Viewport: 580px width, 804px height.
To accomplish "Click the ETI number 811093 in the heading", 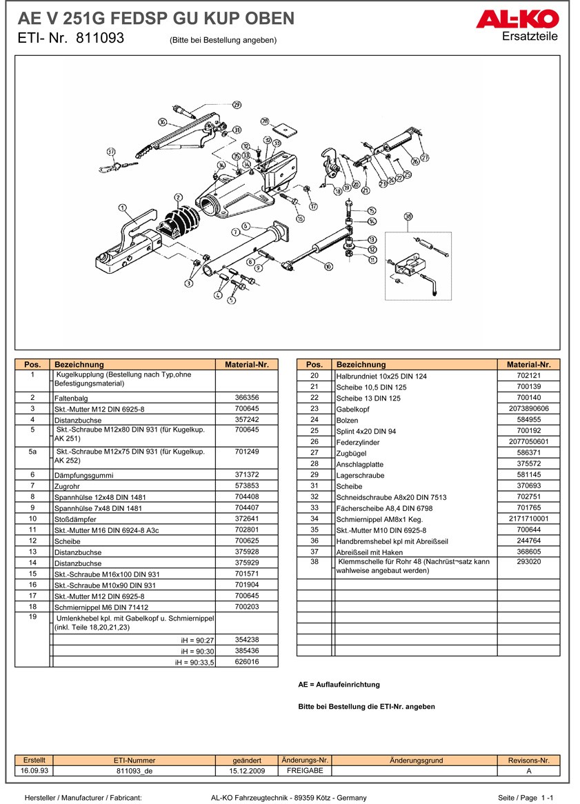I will [100, 39].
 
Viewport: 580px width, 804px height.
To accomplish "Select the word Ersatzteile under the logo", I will [530, 37].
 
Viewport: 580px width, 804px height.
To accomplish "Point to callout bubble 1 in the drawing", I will [122, 207].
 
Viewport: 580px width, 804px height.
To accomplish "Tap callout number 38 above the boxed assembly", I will [408, 217].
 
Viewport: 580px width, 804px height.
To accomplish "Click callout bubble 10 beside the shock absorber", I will [328, 265].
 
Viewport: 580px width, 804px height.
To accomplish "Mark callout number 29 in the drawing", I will [237, 105].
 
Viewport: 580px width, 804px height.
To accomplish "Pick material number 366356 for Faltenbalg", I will [246, 398].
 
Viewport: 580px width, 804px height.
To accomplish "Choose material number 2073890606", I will [528, 409].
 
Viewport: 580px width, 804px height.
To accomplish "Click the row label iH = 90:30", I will [198, 651].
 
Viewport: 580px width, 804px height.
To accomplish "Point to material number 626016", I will [246, 662].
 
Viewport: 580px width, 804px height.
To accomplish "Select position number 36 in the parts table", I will [314, 541].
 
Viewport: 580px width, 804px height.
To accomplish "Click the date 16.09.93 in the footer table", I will [34, 771].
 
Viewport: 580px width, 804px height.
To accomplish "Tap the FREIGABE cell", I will [304, 771].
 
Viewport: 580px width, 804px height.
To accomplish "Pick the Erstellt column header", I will [34, 760].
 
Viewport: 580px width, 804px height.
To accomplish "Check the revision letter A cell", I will [528, 771].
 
